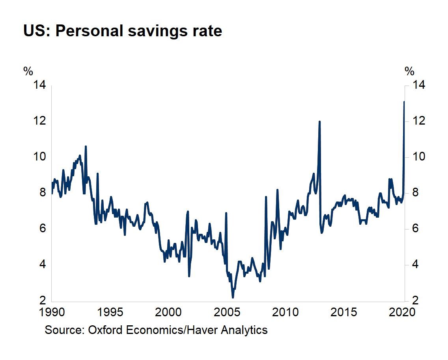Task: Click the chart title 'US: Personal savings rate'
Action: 123,31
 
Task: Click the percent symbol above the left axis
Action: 28,71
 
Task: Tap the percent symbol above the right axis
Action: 409,71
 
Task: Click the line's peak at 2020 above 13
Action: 404,102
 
